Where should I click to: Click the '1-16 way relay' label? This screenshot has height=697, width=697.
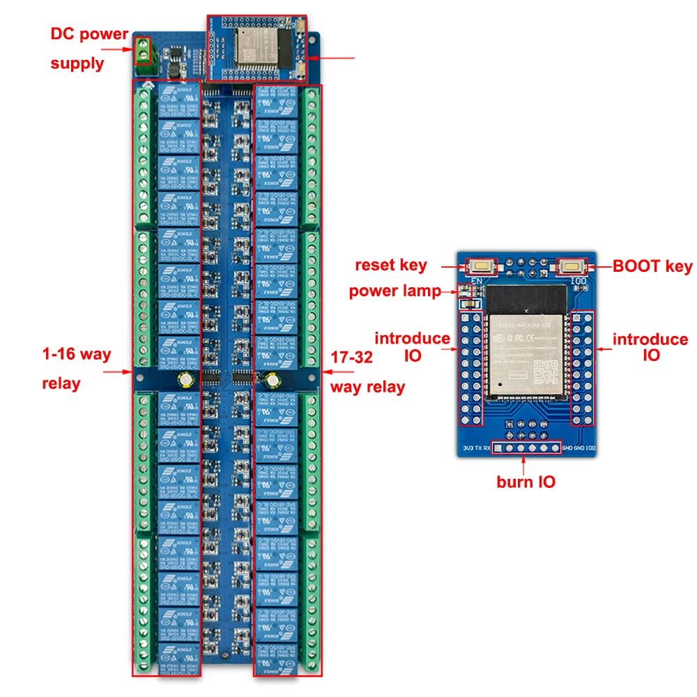(75, 368)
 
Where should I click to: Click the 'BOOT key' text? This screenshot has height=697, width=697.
(652, 266)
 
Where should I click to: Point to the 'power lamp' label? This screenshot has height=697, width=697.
(395, 291)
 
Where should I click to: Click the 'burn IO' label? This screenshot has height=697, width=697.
(526, 481)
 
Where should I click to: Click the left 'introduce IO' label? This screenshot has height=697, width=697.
(412, 346)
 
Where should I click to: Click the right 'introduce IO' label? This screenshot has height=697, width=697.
(650, 346)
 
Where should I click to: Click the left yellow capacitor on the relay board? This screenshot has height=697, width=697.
(186, 380)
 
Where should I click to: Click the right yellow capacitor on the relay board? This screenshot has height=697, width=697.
(270, 381)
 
